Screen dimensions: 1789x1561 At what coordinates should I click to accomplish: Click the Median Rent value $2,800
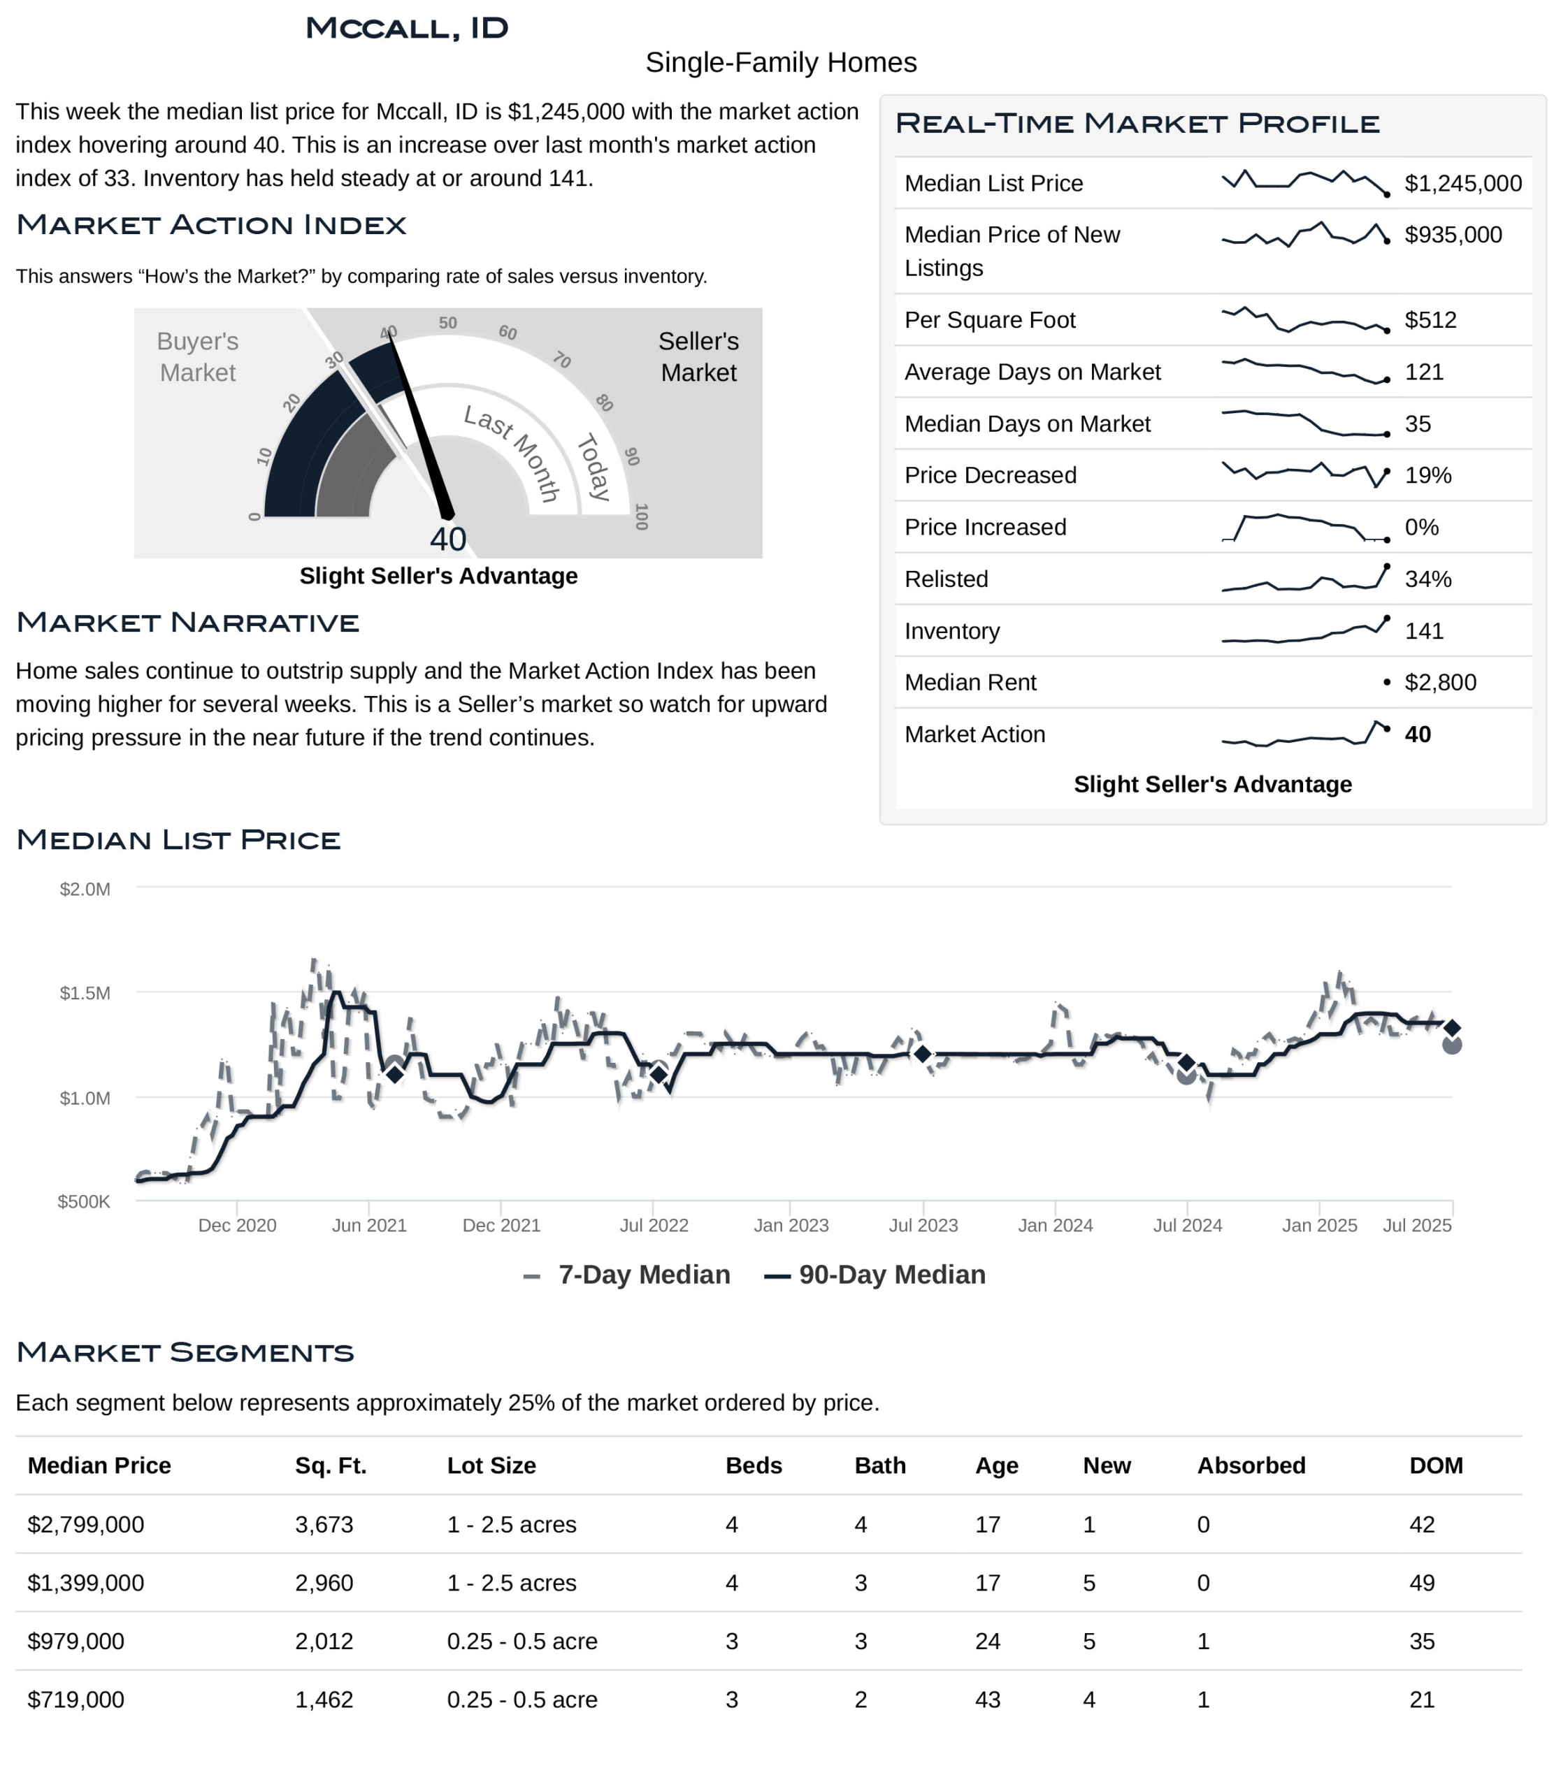pos(1440,682)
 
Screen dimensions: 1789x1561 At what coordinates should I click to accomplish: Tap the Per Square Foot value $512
pos(1430,319)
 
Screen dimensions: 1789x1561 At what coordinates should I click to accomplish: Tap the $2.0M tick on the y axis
pos(85,890)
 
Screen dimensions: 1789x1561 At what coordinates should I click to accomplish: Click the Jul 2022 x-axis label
pos(654,1226)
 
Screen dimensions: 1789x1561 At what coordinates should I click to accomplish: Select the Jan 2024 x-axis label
pos(1055,1226)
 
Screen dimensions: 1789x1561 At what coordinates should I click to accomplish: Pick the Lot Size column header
pos(491,1466)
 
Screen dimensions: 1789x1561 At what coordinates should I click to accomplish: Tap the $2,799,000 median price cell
pos(85,1524)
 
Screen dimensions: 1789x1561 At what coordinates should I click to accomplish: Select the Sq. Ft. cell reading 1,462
pos(324,1700)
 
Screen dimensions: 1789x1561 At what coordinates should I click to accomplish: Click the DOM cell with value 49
pos(1422,1583)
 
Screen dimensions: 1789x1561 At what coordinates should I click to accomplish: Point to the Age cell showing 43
pos(987,1700)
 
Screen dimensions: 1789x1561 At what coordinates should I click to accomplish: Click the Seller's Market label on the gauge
pos(698,357)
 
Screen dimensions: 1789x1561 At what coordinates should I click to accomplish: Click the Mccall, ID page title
pos(407,28)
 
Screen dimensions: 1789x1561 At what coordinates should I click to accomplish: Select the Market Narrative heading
pos(188,623)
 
